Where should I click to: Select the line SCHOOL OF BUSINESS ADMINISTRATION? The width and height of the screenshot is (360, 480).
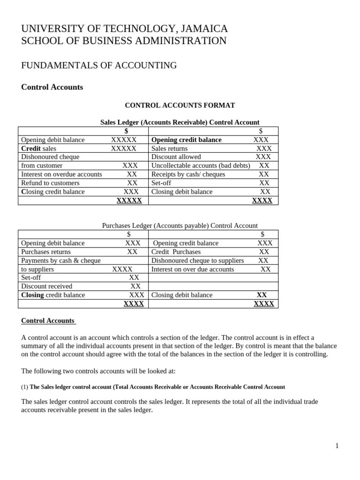124,41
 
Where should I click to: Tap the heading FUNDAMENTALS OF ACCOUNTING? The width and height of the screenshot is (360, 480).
99,66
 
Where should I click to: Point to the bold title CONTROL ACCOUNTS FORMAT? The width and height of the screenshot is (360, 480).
180,105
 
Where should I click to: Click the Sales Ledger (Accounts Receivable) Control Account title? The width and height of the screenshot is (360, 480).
180,122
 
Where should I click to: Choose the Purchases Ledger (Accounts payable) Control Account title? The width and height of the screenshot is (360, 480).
180,225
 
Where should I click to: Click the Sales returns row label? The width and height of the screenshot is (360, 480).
169,149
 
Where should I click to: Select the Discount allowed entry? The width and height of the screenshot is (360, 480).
176,157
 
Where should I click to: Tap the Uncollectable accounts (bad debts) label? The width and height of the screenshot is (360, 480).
201,165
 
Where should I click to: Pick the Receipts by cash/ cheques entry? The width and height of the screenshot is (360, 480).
188,174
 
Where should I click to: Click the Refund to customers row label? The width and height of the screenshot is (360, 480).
50,183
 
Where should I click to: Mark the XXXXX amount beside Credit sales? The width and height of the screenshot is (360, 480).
124,149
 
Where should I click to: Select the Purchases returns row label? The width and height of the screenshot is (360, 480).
46,252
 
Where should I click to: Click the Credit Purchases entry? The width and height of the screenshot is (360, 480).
176,252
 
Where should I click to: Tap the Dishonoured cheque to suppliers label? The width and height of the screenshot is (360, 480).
197,260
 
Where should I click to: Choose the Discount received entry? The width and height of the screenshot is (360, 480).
46,286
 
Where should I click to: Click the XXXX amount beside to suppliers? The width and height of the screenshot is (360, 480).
122,269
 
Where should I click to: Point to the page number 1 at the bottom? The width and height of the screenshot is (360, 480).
337,446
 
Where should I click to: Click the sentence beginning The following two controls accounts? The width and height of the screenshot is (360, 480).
98,371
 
